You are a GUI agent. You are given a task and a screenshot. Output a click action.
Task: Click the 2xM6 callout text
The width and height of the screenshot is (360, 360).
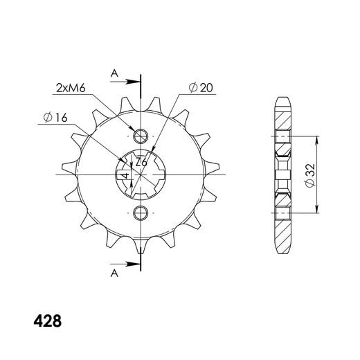click(x=71, y=88)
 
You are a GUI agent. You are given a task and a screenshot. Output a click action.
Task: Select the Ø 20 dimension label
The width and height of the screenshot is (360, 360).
click(x=201, y=87)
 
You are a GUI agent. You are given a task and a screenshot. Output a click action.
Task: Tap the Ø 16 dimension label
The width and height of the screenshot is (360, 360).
click(x=55, y=118)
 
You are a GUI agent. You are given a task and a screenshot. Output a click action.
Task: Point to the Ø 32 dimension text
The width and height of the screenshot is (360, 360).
click(x=309, y=175)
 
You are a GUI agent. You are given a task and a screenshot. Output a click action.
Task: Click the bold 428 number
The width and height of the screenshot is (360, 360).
click(x=48, y=321)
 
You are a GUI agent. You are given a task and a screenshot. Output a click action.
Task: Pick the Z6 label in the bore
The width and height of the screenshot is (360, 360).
click(x=141, y=162)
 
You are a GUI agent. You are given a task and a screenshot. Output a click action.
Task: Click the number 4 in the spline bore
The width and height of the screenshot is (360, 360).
click(x=126, y=175)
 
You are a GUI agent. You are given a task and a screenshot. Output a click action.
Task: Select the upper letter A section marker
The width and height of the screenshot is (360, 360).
click(x=114, y=73)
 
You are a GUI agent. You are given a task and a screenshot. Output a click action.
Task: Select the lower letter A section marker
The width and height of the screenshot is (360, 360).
click(x=114, y=273)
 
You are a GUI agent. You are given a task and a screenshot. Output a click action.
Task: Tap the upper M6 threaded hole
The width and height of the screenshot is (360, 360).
click(x=141, y=136)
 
